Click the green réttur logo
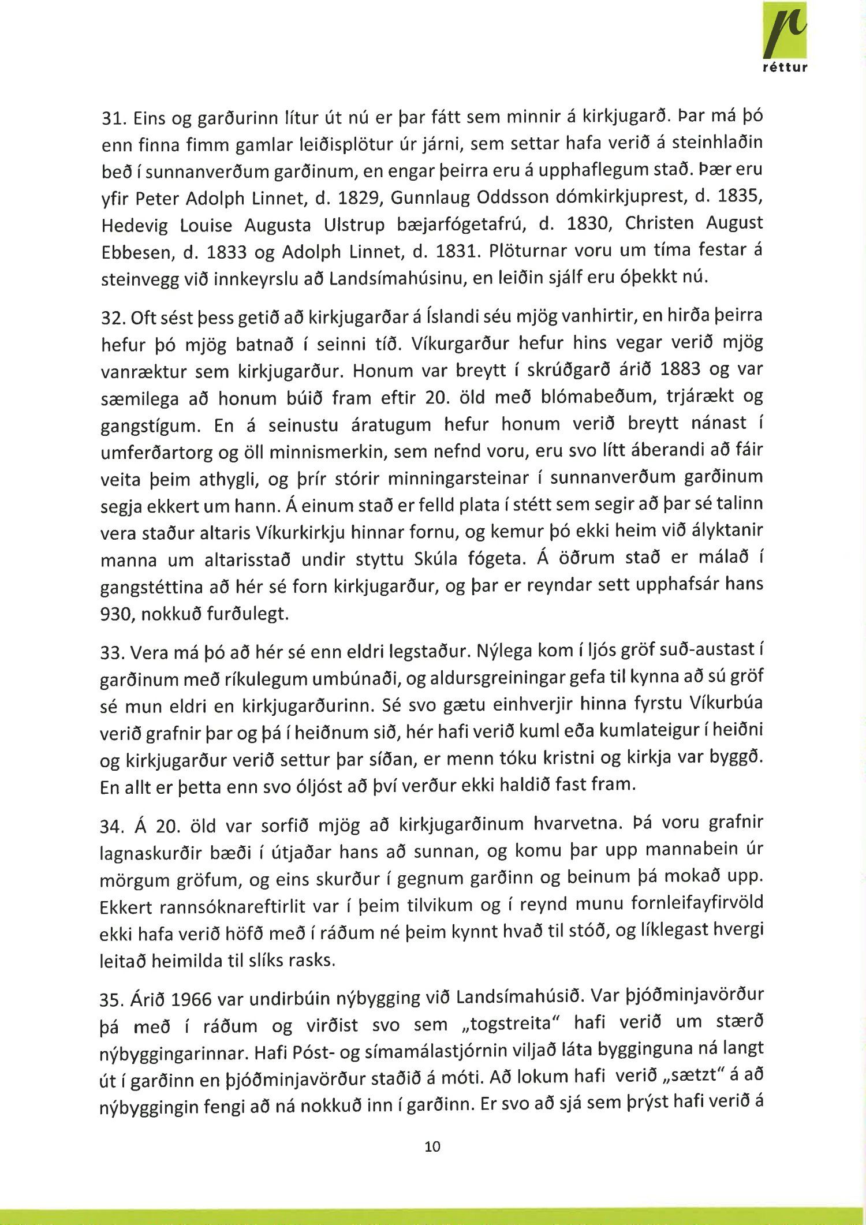click(785, 38)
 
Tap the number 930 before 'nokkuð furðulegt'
click(114, 614)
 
